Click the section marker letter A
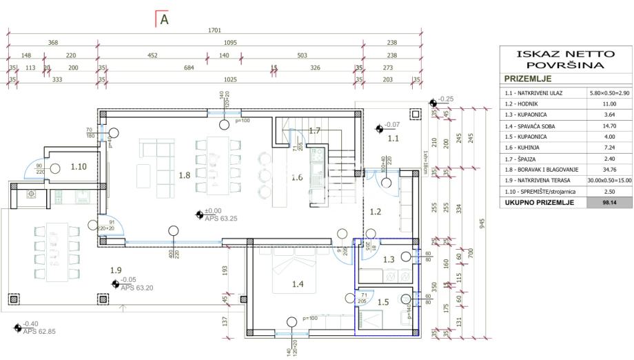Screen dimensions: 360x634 click(x=164, y=20)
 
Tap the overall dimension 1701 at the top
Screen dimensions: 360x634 click(x=214, y=30)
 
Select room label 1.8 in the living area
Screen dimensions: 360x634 click(x=184, y=175)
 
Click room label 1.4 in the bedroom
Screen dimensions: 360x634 click(x=298, y=283)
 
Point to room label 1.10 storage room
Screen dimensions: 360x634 click(x=79, y=166)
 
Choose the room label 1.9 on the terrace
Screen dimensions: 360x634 click(x=115, y=270)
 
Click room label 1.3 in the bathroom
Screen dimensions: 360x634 click(x=388, y=259)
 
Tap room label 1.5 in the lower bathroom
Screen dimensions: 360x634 click(x=383, y=301)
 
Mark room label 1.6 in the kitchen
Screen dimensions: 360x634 click(x=296, y=177)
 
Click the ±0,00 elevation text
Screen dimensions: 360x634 click(x=213, y=211)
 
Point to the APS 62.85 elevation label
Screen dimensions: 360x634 click(x=39, y=332)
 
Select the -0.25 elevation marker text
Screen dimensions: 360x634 click(x=446, y=99)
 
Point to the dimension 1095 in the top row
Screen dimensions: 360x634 click(x=230, y=43)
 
